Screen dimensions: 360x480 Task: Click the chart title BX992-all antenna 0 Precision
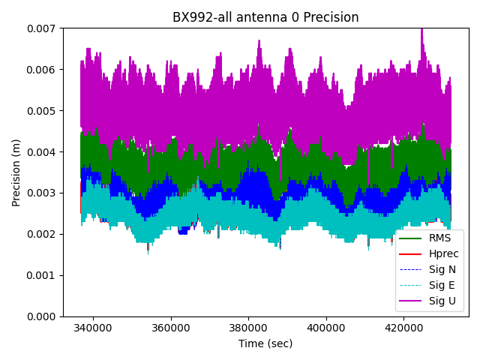pos(265,17)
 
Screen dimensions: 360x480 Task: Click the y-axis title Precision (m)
pos(16,172)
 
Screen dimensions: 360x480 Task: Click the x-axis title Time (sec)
pos(265,343)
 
